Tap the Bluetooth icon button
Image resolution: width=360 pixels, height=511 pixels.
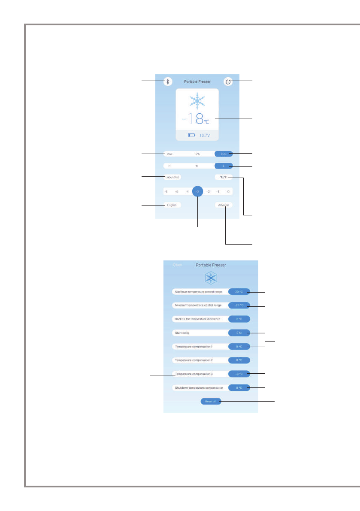point(168,82)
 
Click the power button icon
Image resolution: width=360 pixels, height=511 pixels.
point(228,82)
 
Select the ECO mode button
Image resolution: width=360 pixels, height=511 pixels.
point(224,153)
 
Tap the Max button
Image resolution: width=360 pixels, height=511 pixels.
point(169,153)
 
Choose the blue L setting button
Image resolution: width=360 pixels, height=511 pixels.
point(224,166)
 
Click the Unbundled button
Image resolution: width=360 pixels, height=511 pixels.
point(172,177)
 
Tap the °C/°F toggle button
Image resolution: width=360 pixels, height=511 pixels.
point(224,177)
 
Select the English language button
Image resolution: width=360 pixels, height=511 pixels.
point(172,205)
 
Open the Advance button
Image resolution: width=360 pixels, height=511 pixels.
point(224,205)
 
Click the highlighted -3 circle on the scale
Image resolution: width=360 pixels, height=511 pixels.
point(198,191)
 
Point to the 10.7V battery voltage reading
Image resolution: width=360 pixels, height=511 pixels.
point(205,135)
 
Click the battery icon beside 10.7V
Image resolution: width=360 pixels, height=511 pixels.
point(191,135)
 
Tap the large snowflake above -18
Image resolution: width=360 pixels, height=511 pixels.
point(197,100)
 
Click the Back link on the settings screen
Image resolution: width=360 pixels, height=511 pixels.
point(177,265)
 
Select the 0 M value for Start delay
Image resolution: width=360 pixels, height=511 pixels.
point(239,333)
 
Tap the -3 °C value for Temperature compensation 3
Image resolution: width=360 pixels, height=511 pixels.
point(239,374)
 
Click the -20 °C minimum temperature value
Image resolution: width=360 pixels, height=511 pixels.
point(239,305)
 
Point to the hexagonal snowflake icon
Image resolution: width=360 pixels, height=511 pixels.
point(211,278)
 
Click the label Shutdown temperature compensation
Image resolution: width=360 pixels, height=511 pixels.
point(199,387)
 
